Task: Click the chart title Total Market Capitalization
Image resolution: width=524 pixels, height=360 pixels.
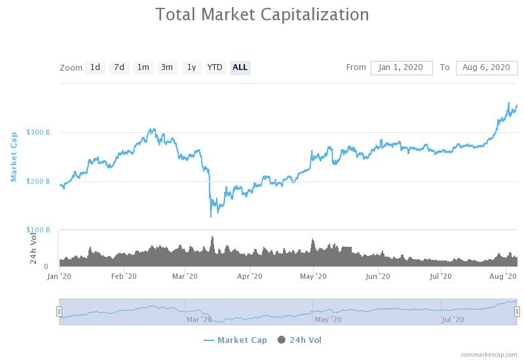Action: pyautogui.click(x=262, y=14)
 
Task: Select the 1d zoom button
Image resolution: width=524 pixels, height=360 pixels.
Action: pyautogui.click(x=95, y=67)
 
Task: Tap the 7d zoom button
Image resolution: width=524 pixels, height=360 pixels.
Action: pyautogui.click(x=119, y=67)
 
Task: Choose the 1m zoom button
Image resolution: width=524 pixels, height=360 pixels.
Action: pyautogui.click(x=143, y=67)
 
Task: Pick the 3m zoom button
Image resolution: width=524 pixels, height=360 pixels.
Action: pyautogui.click(x=167, y=67)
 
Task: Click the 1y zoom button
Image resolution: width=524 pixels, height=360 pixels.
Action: pyautogui.click(x=191, y=67)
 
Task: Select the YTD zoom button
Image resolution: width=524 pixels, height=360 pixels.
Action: pyautogui.click(x=215, y=67)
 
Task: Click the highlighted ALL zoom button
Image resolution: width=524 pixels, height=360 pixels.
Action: pyautogui.click(x=240, y=67)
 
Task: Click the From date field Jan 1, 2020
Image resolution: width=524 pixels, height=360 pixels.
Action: pyautogui.click(x=402, y=67)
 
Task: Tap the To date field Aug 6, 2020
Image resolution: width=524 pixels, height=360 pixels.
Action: pyautogui.click(x=487, y=67)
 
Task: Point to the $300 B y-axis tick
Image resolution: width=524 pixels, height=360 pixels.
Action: pyautogui.click(x=38, y=132)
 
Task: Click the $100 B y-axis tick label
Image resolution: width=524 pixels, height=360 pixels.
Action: pyautogui.click(x=38, y=230)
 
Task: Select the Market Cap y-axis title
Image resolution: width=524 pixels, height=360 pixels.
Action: pyautogui.click(x=14, y=156)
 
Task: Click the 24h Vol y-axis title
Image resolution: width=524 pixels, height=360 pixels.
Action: pyautogui.click(x=33, y=249)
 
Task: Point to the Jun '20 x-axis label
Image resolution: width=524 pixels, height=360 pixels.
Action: pyautogui.click(x=378, y=277)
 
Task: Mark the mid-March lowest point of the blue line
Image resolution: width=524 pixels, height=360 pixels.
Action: pyautogui.click(x=211, y=216)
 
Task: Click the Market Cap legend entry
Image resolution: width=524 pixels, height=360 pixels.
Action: pyautogui.click(x=235, y=340)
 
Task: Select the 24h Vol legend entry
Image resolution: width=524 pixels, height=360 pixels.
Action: pyautogui.click(x=300, y=340)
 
